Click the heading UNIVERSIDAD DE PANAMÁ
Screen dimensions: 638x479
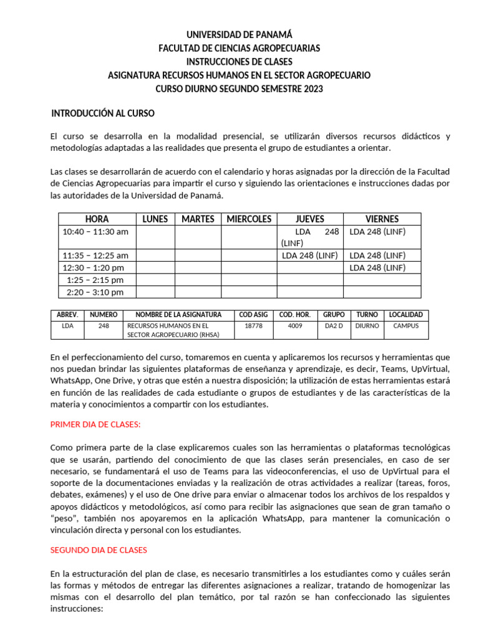click(x=239, y=35)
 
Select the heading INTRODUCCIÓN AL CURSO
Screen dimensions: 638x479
click(x=102, y=114)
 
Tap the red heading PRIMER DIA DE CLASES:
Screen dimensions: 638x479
click(x=95, y=424)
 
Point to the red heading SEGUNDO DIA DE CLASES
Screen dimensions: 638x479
click(x=99, y=550)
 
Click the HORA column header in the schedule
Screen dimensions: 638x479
click(x=97, y=219)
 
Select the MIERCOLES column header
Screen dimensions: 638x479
click(x=249, y=219)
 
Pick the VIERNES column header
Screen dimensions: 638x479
click(x=382, y=219)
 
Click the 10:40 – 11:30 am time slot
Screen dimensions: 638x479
click(x=95, y=231)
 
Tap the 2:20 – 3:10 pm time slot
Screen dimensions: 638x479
click(x=95, y=292)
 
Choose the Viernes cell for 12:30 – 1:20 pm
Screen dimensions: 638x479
click(x=377, y=267)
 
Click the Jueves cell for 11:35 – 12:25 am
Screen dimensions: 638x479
click(x=310, y=255)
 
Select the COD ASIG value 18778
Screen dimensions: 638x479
click(x=254, y=325)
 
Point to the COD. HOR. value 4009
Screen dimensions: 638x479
click(x=295, y=325)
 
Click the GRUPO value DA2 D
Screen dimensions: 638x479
click(x=334, y=325)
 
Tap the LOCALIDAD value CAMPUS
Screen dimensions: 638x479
click(x=406, y=325)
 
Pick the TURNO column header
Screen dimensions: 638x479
click(x=367, y=315)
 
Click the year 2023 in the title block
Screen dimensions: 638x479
click(x=314, y=89)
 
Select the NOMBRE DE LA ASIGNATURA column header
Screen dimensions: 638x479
click(x=178, y=315)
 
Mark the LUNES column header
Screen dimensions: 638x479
click(x=155, y=219)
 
